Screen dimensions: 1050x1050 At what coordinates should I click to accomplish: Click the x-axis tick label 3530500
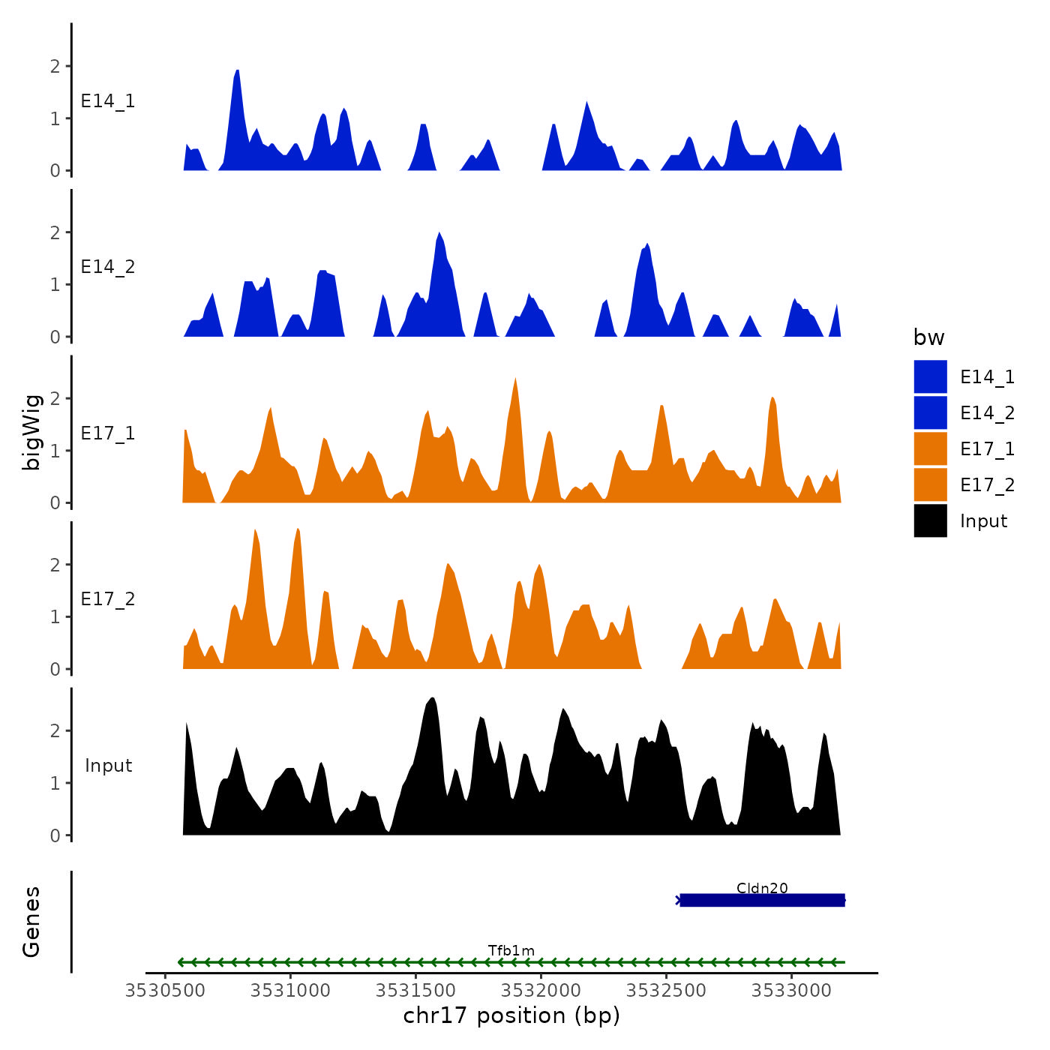pyautogui.click(x=165, y=990)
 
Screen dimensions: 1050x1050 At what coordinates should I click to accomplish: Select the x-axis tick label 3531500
pyautogui.click(x=415, y=990)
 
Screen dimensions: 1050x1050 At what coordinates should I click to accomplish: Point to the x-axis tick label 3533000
pyautogui.click(x=791, y=990)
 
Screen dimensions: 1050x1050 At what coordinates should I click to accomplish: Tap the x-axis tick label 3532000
pyautogui.click(x=541, y=990)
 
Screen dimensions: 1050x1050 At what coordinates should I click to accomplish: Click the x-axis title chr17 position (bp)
pyautogui.click(x=511, y=1015)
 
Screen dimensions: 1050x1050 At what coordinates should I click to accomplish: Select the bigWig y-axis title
pyautogui.click(x=31, y=433)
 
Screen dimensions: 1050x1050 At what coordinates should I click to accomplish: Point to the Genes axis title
pyautogui.click(x=31, y=922)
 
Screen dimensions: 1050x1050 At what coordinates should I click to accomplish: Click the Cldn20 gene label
pyautogui.click(x=762, y=888)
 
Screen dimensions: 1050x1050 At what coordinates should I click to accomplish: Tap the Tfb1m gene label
pyautogui.click(x=511, y=950)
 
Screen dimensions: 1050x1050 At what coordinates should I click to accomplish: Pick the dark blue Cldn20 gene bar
pyautogui.click(x=762, y=900)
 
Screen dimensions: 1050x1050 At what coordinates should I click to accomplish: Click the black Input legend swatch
pyautogui.click(x=930, y=520)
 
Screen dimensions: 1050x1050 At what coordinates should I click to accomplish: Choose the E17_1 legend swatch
pyautogui.click(x=930, y=448)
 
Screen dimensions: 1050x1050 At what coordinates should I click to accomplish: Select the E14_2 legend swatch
pyautogui.click(x=930, y=412)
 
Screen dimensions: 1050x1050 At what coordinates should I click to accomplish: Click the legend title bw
pyautogui.click(x=928, y=337)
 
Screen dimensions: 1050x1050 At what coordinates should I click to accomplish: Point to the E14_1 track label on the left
pyautogui.click(x=108, y=101)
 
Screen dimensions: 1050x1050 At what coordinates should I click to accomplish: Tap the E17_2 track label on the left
pyautogui.click(x=108, y=598)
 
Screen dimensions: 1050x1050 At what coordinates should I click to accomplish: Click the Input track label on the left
pyautogui.click(x=108, y=765)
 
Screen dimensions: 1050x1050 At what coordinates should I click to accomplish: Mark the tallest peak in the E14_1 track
pyautogui.click(x=237, y=72)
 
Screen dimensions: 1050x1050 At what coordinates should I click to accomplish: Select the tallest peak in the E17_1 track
pyautogui.click(x=515, y=379)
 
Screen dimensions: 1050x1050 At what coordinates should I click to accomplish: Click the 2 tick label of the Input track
pyautogui.click(x=55, y=730)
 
